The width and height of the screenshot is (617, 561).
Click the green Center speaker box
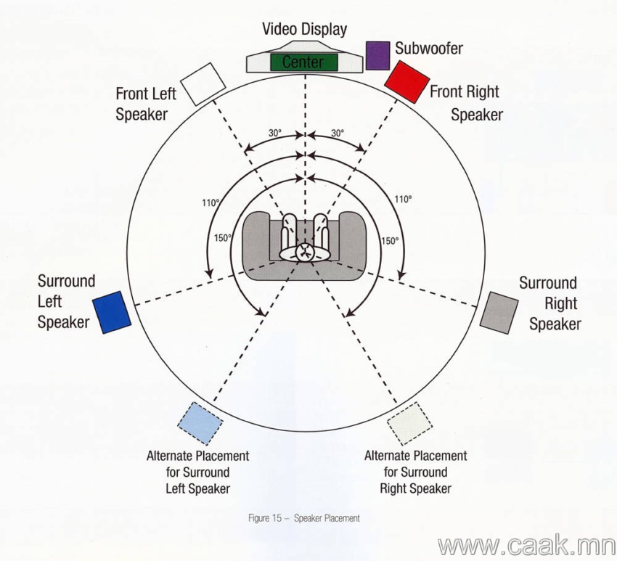point(303,62)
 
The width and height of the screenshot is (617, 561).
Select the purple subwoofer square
point(377,55)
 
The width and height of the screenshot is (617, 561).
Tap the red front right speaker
point(406,82)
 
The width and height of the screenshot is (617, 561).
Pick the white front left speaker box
point(203,83)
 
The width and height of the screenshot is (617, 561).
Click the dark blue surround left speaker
point(112,312)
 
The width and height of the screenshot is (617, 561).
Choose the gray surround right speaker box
point(499,313)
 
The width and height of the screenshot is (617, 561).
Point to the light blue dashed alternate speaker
point(200,423)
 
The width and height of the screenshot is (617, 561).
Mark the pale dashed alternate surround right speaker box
point(409,423)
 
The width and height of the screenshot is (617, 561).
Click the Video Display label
point(305,30)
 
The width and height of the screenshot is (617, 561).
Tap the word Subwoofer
point(429,48)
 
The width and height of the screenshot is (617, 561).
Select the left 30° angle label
point(275,133)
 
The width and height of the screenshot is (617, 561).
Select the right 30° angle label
point(338,133)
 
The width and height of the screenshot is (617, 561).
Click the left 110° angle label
point(211,203)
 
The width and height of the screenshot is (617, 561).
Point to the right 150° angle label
point(390,241)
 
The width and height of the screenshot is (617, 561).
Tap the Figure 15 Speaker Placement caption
point(303,518)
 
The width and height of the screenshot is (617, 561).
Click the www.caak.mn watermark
point(527,545)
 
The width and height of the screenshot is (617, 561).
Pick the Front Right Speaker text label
point(466,103)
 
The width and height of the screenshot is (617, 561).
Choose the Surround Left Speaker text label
point(67,302)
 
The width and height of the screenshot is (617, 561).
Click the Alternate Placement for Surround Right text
point(415,472)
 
